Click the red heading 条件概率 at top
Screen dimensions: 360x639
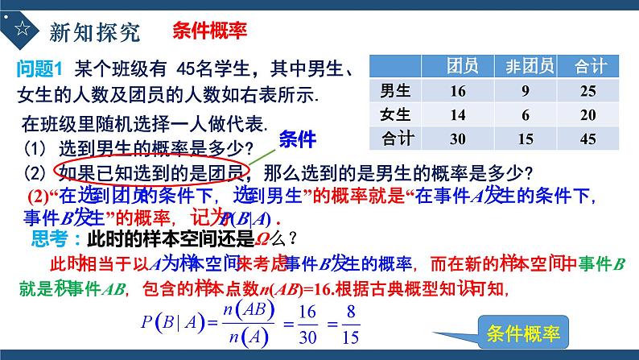click(x=209, y=31)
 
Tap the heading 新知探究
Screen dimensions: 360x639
click(x=95, y=31)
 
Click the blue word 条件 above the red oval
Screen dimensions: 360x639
click(x=298, y=139)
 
